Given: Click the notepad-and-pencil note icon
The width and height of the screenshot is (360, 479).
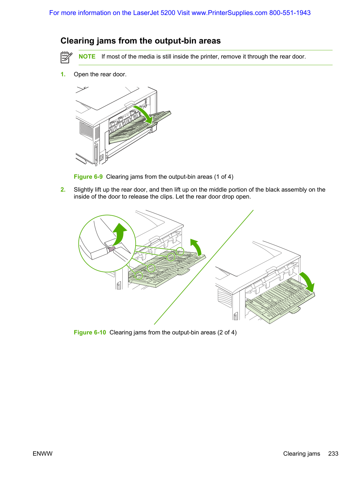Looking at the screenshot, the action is point(66,57).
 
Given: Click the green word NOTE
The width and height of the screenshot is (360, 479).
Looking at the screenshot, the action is point(87,56).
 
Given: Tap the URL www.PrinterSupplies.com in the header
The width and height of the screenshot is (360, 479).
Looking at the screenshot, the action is point(229,13).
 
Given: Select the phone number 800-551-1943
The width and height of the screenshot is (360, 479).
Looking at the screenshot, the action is point(290,13).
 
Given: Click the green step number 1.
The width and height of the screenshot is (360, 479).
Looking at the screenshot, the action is point(63,75).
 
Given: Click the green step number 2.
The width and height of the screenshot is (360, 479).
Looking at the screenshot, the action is point(63,190).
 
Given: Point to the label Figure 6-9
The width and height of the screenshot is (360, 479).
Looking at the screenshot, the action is point(88,177).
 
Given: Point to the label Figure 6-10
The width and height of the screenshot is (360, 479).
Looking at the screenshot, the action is point(90,332).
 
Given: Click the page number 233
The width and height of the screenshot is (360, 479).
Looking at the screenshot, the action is point(333,454).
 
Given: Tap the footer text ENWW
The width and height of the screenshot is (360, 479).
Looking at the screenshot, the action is point(43,454).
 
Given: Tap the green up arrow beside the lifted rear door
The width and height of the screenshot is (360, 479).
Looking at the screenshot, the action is point(196,247).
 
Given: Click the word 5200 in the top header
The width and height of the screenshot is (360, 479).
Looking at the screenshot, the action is point(168,13).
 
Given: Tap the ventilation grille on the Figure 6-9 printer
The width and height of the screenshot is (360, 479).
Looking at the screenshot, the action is point(86,131).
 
